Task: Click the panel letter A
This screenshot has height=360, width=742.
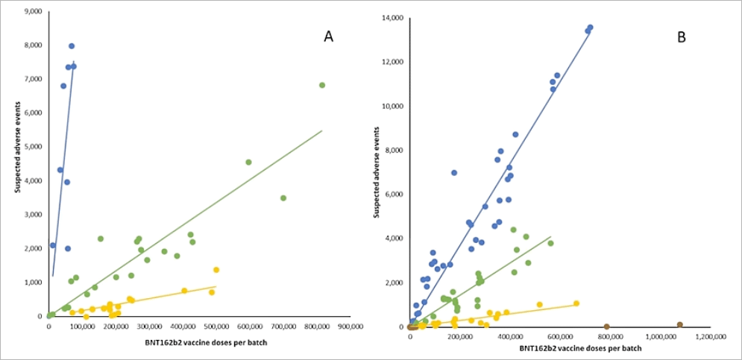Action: point(327,37)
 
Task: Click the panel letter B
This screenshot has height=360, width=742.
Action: point(681,37)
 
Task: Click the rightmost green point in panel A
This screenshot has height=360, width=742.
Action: point(322,85)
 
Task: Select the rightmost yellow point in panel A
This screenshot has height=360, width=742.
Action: point(216,270)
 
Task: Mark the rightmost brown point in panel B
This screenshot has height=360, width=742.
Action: point(680,325)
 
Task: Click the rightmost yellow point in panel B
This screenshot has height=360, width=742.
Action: point(576,303)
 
